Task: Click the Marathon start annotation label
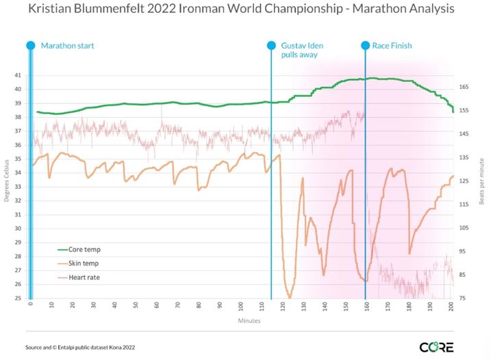coord(67,46)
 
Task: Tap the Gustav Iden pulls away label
coord(301,50)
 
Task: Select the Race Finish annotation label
coord(392,46)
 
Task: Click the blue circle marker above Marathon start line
coord(30,45)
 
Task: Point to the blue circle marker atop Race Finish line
coord(365,45)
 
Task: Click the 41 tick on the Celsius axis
coord(18,75)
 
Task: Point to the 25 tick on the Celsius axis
coord(18,298)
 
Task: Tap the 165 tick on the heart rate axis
coord(464,87)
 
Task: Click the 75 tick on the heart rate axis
coord(464,298)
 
